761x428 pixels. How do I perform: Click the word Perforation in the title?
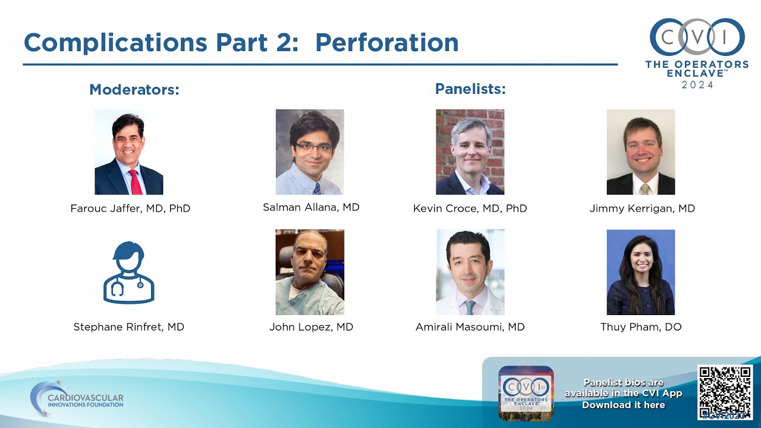point(386,43)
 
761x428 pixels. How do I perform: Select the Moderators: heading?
point(134,90)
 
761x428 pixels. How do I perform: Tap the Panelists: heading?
point(470,89)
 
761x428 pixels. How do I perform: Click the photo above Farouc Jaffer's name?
point(128,152)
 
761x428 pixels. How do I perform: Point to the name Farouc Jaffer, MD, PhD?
point(130,209)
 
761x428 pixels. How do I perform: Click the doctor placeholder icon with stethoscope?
point(128,272)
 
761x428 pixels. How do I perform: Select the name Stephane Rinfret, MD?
point(128,327)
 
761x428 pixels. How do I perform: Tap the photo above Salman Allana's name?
point(310,152)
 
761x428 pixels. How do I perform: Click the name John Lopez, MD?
point(311,327)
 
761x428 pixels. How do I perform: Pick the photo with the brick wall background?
point(470,152)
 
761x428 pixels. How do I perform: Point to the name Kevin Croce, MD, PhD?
point(470,209)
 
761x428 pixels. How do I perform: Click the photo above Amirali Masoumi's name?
point(470,272)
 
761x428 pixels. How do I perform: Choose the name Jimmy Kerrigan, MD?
point(642,209)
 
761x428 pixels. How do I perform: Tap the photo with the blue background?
point(640,272)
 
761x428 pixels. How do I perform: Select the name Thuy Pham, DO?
point(641,327)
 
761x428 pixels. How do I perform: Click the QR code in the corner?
point(724,392)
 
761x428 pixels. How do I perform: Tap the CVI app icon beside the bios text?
point(526,393)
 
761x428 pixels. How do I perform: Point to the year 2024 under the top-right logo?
point(697,85)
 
